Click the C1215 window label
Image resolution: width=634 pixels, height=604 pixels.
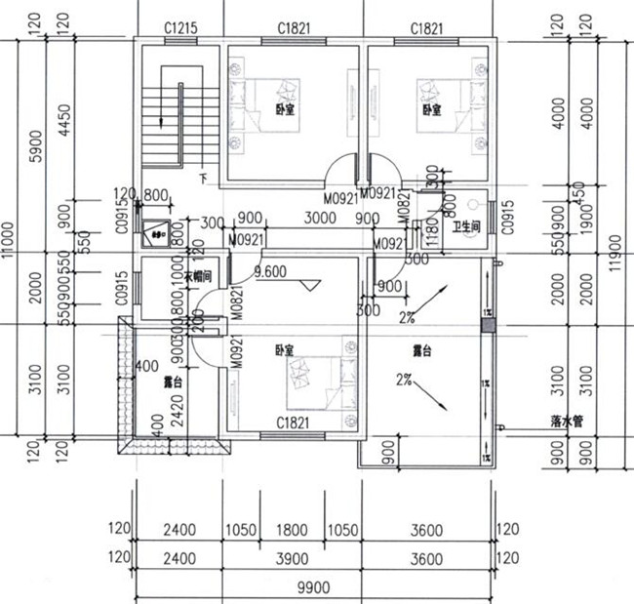(182, 28)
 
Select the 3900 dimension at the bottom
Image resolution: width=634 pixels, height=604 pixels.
(291, 558)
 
